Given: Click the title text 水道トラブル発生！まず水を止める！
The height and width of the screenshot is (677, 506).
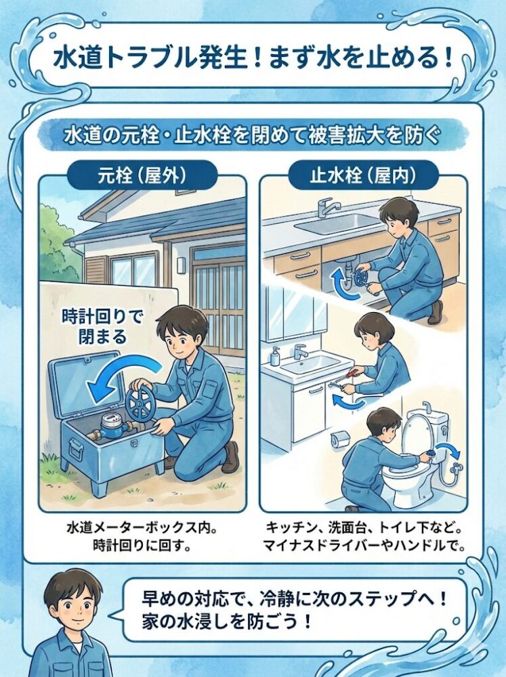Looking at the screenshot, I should [252, 57].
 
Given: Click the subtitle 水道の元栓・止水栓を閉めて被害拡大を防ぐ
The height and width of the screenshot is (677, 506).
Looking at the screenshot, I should [253, 135].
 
